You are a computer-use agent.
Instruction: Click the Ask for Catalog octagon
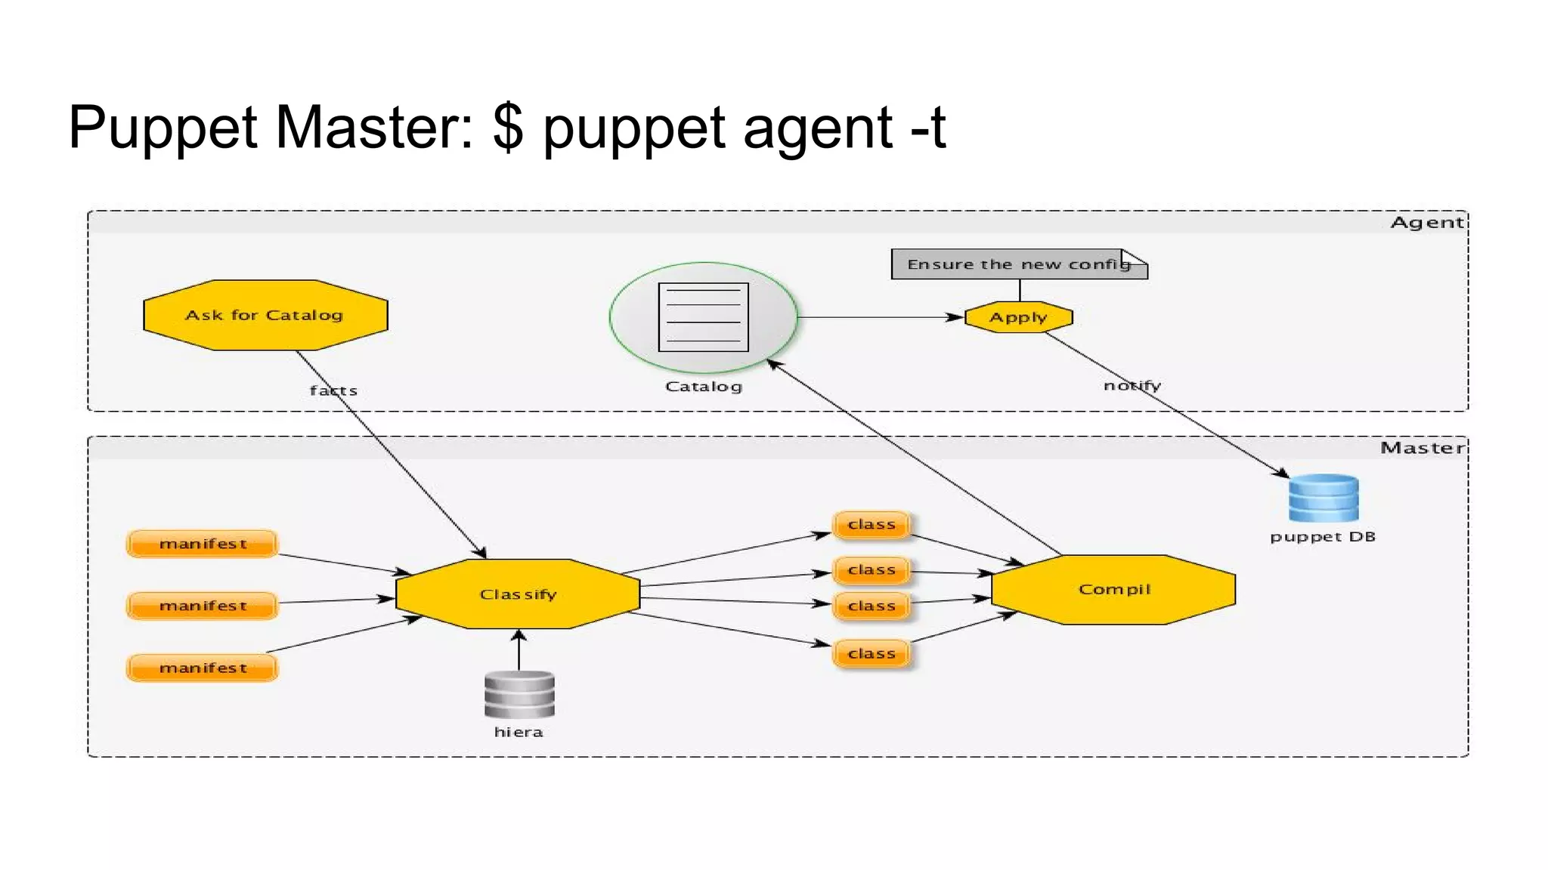tap(265, 315)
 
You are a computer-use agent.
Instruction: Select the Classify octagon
tap(518, 594)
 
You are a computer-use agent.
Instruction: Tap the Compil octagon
tap(1113, 590)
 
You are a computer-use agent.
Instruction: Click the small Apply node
tap(1019, 317)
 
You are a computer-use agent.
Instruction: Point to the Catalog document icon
tap(703, 317)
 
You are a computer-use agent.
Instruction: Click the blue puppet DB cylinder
tap(1323, 498)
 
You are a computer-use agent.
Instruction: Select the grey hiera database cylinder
tap(519, 695)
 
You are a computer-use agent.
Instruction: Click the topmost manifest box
tap(203, 544)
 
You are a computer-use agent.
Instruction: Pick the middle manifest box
tap(203, 606)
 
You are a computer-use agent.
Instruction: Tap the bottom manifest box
tap(203, 668)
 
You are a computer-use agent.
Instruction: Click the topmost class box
tap(872, 524)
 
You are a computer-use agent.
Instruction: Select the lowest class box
tap(872, 653)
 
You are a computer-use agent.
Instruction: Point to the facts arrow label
tap(333, 390)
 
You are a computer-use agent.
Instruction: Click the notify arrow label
tap(1132, 386)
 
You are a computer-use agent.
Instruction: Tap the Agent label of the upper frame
tap(1426, 222)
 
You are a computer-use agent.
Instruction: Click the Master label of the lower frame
tap(1422, 448)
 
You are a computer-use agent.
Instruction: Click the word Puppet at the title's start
tap(163, 128)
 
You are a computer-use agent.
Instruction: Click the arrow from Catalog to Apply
tap(877, 317)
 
